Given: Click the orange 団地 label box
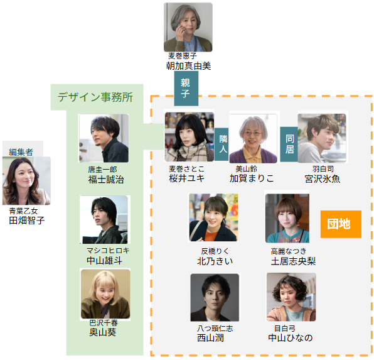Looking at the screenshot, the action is pyautogui.click(x=341, y=224).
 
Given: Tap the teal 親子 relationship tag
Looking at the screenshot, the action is pyautogui.click(x=186, y=89).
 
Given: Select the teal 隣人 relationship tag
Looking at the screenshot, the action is pyautogui.click(x=222, y=145).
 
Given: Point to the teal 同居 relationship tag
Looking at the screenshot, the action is pyautogui.click(x=289, y=145).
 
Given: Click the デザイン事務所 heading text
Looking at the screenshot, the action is pyautogui.click(x=95, y=97).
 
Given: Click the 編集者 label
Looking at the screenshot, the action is pyautogui.click(x=21, y=152).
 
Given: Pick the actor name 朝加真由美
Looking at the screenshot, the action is pyautogui.click(x=188, y=66).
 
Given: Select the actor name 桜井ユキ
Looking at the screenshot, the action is pyautogui.click(x=186, y=178).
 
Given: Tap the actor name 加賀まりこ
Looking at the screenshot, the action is pyautogui.click(x=252, y=178).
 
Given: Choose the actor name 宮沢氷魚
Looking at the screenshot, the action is pyautogui.click(x=323, y=178).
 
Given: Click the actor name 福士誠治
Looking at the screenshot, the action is pyautogui.click(x=106, y=180).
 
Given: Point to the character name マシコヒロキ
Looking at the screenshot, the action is pyautogui.click(x=108, y=250).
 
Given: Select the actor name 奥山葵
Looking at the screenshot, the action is pyautogui.click(x=102, y=332).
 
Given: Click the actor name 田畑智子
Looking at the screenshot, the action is pyautogui.click(x=27, y=221).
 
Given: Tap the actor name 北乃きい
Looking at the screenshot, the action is pyautogui.click(x=215, y=261).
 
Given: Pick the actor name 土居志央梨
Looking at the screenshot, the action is pyautogui.click(x=293, y=261).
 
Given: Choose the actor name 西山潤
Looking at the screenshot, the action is pyautogui.click(x=210, y=338).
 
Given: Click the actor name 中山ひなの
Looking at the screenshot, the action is pyautogui.click(x=290, y=338).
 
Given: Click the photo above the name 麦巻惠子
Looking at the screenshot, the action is pyautogui.click(x=188, y=27).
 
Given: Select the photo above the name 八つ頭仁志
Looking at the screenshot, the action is pyautogui.click(x=215, y=297).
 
